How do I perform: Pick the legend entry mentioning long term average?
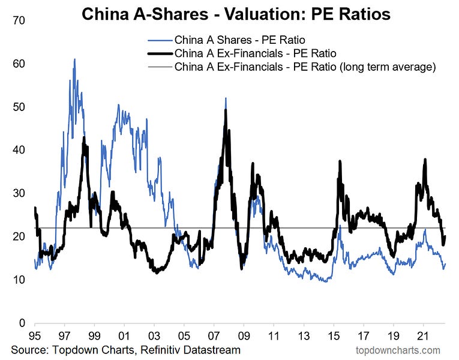pos(305,67)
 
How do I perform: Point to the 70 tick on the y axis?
pos(17,20)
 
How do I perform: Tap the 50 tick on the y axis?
pos(17,107)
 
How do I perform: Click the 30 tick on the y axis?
pos(17,193)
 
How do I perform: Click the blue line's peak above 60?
pos(74,59)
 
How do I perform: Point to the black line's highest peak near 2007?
pos(226,110)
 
